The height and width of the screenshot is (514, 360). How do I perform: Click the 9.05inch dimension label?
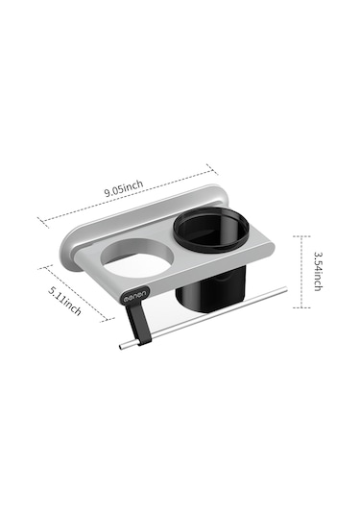124,188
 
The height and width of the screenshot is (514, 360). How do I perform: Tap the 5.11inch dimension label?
64,301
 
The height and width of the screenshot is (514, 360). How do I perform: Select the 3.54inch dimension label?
317,271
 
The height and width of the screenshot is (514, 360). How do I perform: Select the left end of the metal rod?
121,348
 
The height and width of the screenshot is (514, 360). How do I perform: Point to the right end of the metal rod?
285,288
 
